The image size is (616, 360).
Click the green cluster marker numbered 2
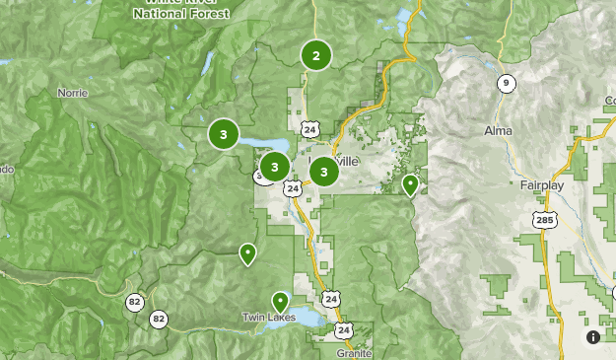coord(316,55)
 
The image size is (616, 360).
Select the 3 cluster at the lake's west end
coord(224,133)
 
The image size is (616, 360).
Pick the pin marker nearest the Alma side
coord(411,183)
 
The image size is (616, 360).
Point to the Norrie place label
coord(72,95)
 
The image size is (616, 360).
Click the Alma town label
coord(499,130)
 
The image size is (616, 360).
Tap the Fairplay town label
coord(540,184)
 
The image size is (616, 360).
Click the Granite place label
coord(354,352)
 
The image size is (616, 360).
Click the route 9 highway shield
coord(506,83)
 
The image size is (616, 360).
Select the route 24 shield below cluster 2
coord(311,129)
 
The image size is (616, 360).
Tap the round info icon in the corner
coord(593,337)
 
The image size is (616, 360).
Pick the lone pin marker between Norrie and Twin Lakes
coord(247,253)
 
